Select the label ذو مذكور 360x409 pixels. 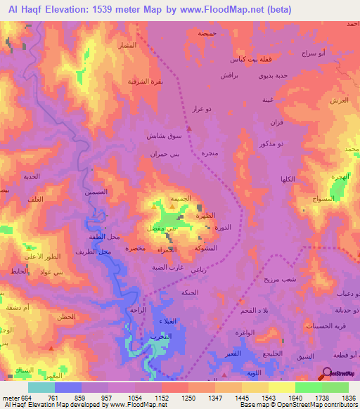pos(290,144)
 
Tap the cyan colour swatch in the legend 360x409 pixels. pos(41,387)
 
